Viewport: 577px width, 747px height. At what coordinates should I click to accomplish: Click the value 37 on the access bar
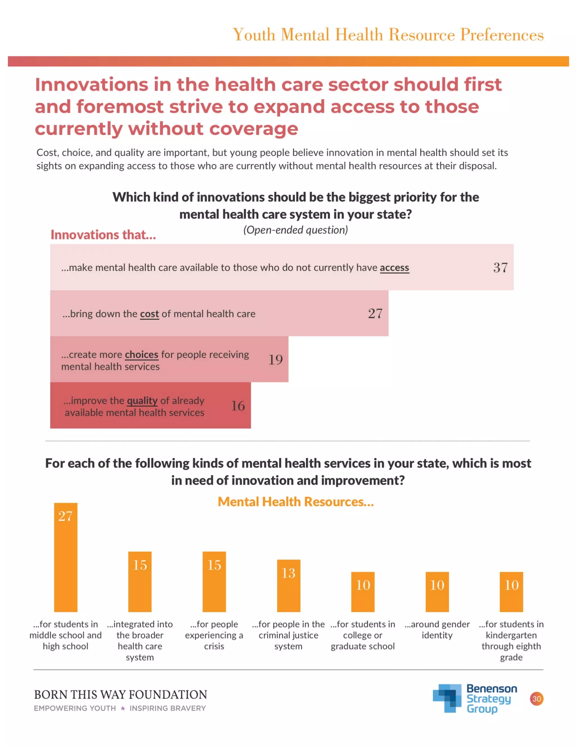[x=500, y=268]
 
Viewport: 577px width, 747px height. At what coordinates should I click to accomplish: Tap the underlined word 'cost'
[x=149, y=314]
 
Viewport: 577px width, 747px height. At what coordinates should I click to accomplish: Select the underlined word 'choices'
[x=141, y=354]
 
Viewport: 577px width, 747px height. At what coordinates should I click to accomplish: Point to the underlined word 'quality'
[x=142, y=401]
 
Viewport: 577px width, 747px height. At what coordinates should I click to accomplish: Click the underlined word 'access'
[x=394, y=268]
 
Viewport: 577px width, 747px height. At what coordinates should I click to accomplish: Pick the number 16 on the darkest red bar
[x=238, y=406]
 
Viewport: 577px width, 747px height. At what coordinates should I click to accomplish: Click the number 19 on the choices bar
[x=276, y=360]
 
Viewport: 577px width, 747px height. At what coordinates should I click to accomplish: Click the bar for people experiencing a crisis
[x=214, y=582]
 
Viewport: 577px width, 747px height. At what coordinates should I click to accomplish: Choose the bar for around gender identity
[x=437, y=592]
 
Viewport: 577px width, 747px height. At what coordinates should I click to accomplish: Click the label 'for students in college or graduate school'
[x=363, y=635]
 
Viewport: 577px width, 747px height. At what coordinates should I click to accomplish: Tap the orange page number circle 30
[x=536, y=699]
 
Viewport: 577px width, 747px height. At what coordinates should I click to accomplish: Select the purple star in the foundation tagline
[x=123, y=708]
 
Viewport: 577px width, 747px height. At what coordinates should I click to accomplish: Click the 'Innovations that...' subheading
[x=103, y=235]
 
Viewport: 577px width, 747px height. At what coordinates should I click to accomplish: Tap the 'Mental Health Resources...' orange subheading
[x=296, y=502]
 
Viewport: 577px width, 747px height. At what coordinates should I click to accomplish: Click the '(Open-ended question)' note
[x=296, y=230]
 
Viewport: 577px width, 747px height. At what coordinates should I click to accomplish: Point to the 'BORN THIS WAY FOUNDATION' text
[x=121, y=695]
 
